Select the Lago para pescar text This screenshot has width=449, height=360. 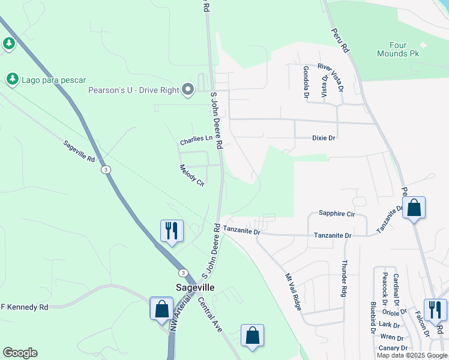(x=53, y=80)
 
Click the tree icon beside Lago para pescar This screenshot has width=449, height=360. (x=12, y=79)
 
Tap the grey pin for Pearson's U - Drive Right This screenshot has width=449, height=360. (x=187, y=90)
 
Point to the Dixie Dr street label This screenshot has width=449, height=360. (x=324, y=138)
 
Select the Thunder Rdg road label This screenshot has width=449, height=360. (x=345, y=278)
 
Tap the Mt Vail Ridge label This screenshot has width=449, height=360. (x=292, y=292)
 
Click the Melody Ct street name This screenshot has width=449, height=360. (x=192, y=176)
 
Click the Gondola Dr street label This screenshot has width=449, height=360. (x=306, y=82)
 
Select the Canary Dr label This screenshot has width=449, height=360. (x=394, y=348)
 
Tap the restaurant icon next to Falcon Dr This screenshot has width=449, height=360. (x=435, y=310)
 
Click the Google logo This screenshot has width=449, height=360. (x=20, y=353)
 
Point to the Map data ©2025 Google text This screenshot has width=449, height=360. (x=412, y=355)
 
